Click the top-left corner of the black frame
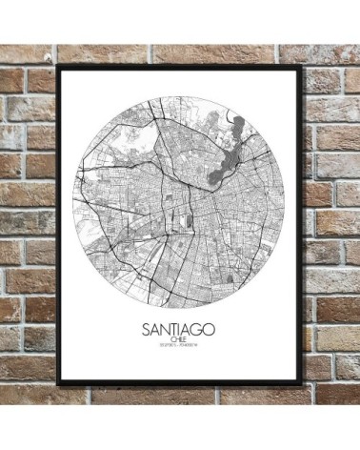pos(59,66)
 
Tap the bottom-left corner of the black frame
pos(59,386)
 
